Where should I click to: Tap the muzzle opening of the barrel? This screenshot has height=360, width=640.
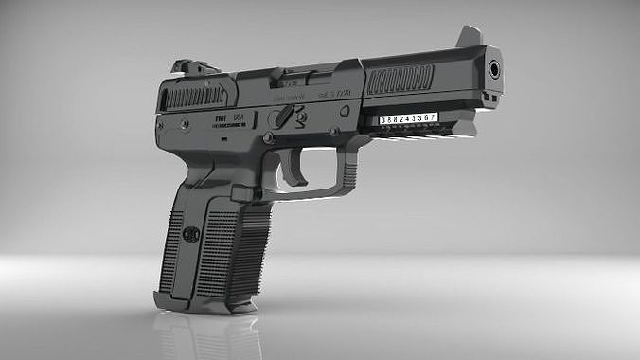click(x=494, y=69)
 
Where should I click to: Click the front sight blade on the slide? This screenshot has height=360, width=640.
click(x=468, y=36)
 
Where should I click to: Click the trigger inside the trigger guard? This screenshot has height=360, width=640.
click(x=300, y=171)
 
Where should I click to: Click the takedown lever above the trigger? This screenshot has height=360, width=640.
click(x=283, y=117)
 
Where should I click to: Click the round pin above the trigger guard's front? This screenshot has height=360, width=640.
click(x=345, y=110)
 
